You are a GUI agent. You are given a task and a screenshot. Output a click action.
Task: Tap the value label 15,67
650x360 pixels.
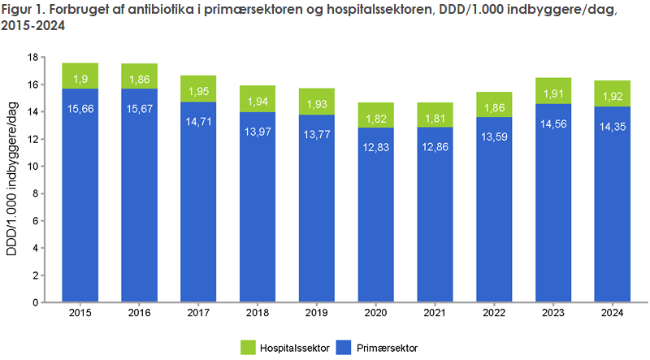point(140,108)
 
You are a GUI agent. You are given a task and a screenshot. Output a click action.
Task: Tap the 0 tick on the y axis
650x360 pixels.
point(36,302)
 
